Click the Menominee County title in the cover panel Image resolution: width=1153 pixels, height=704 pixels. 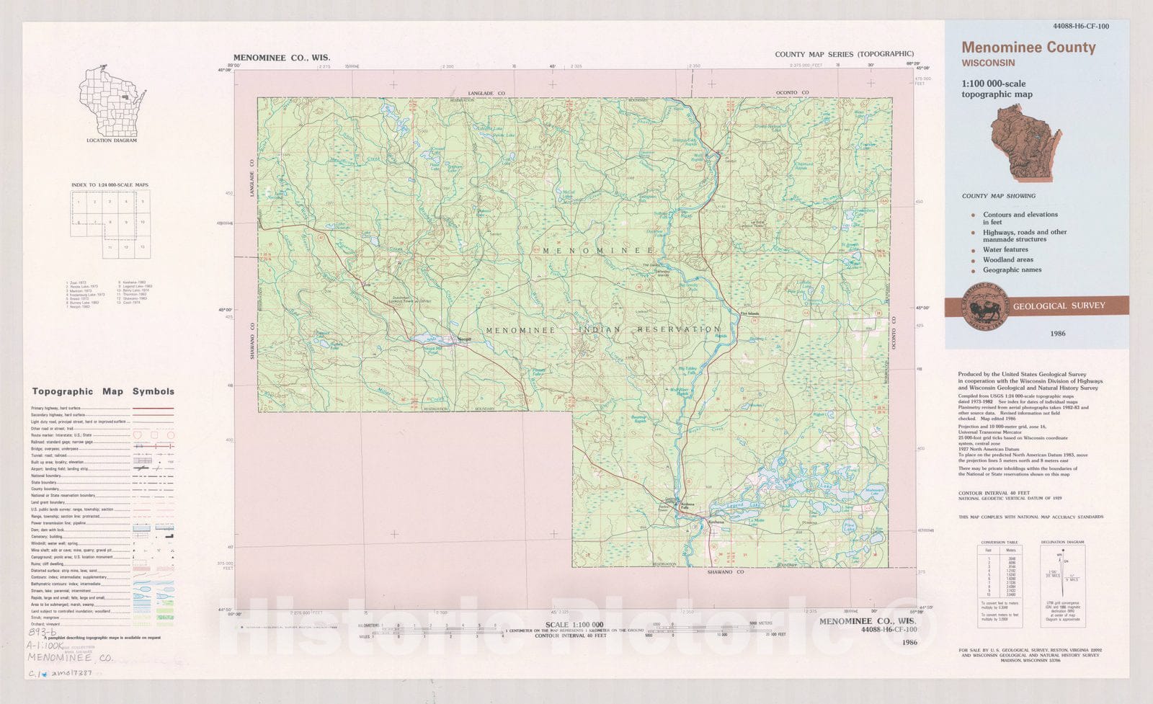click(x=1028, y=48)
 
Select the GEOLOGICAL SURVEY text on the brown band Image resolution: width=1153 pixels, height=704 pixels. click(x=1059, y=306)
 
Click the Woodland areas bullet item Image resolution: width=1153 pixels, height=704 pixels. click(x=1007, y=259)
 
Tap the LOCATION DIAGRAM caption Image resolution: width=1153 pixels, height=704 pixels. click(x=111, y=141)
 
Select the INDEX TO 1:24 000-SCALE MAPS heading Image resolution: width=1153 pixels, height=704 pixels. click(x=110, y=185)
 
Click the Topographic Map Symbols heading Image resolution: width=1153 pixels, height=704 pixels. click(x=103, y=391)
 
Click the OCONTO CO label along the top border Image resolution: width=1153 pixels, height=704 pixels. click(x=792, y=93)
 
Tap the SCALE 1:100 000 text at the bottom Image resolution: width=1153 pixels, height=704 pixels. click(x=574, y=625)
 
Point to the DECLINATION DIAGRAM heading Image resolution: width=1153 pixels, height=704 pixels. click(x=1062, y=542)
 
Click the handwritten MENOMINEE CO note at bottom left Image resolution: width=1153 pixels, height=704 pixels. click(x=70, y=658)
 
